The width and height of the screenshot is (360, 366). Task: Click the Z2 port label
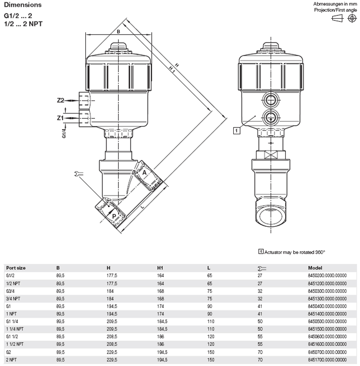tap(61, 100)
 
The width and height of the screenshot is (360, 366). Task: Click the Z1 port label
tap(60, 118)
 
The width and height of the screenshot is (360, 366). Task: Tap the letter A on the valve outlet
tap(144, 173)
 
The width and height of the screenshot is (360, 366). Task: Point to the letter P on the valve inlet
tap(114, 216)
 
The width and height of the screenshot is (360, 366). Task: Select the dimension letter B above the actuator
tap(118, 31)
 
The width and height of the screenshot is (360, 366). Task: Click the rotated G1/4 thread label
tap(64, 131)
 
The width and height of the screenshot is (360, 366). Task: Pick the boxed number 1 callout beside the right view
tap(237, 130)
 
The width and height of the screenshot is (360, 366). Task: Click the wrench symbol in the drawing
tap(78, 173)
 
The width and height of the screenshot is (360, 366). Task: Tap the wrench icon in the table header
tap(262, 269)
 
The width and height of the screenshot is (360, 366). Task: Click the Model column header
tap(315, 268)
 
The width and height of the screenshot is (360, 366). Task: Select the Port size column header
tap(15, 268)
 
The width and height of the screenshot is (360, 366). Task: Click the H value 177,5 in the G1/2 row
tap(112, 276)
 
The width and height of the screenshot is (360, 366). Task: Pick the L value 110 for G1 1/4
tap(211, 321)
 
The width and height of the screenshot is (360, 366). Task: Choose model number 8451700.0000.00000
tap(327, 360)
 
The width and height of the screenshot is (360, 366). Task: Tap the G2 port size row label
tap(8, 352)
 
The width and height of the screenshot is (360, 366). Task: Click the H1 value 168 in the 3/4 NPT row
tap(160, 299)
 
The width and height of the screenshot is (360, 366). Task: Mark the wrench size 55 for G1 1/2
tap(260, 336)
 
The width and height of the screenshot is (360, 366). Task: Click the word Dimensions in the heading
tap(23, 5)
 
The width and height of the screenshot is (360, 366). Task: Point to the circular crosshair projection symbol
tap(352, 18)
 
